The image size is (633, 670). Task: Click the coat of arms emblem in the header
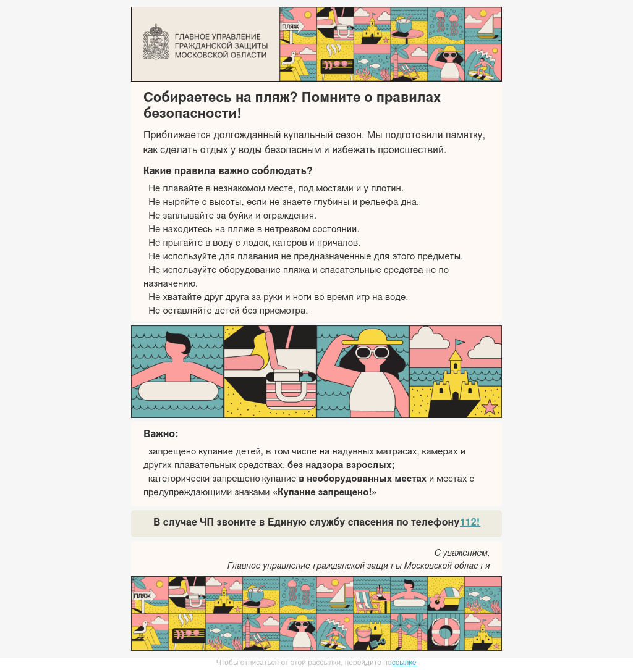[156, 42]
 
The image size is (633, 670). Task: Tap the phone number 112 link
[470, 522]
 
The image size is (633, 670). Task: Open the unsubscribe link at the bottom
[404, 663]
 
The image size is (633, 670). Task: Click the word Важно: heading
[161, 433]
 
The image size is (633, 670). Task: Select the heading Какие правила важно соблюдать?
[228, 170]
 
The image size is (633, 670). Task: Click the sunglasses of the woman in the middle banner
[372, 353]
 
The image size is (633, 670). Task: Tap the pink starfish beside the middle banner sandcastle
[490, 406]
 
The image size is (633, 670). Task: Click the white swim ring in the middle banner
[178, 390]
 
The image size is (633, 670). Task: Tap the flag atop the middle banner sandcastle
[459, 343]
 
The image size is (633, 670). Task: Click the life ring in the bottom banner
[445, 632]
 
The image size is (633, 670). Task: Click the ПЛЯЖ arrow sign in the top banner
[291, 27]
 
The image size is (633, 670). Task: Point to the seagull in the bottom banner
[141, 629]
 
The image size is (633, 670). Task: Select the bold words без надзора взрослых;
[341, 465]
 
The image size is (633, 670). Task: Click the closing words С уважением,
[462, 553]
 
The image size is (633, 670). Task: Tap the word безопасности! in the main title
[192, 114]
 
